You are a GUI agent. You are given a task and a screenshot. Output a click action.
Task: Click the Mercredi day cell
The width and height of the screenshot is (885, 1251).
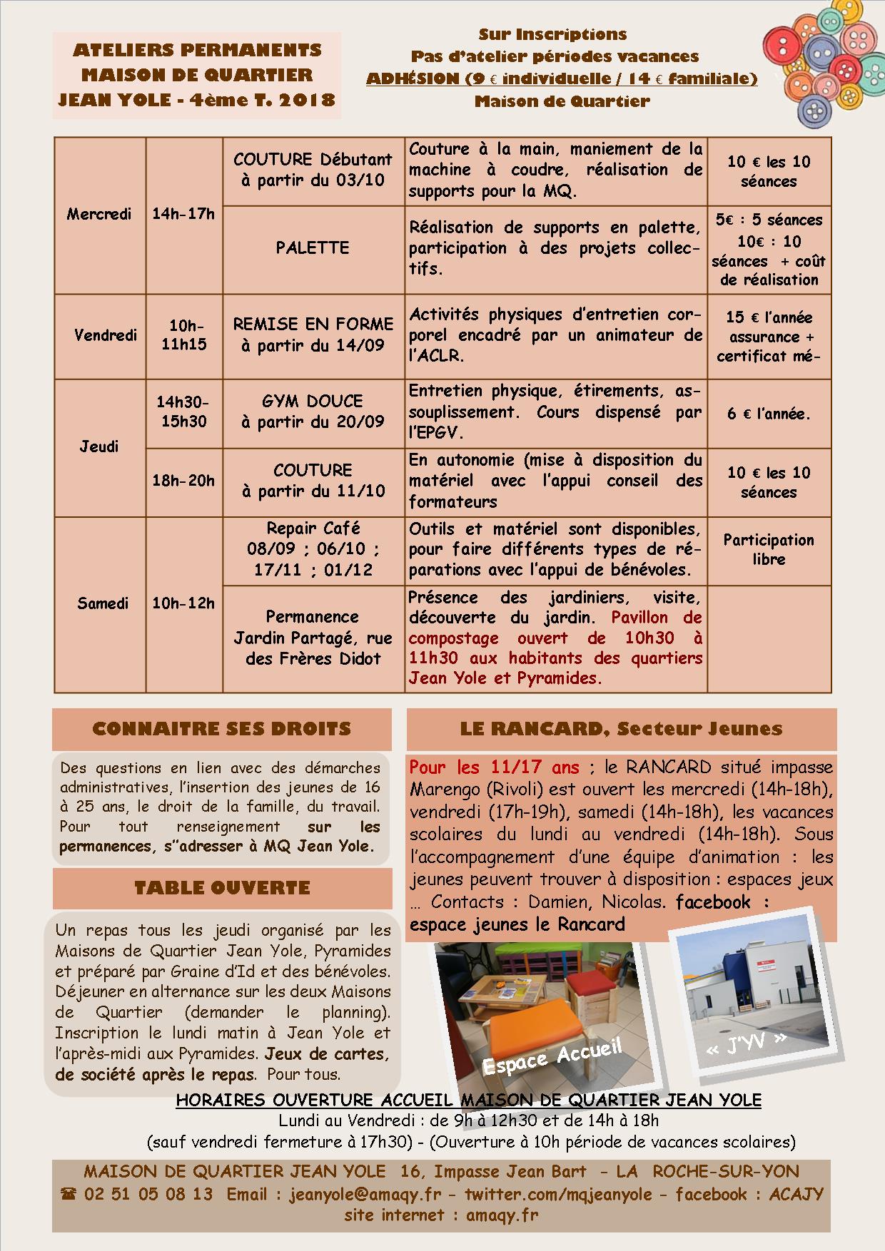pos(99,214)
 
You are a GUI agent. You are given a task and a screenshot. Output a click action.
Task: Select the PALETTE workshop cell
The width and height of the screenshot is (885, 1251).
pos(313,248)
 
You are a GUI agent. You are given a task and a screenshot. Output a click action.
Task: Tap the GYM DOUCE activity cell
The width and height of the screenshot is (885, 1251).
pos(313,411)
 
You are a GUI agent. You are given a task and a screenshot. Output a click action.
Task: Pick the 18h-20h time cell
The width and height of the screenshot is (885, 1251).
pos(183,481)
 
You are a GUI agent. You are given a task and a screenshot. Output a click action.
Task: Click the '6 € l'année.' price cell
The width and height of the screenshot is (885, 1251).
pos(768,414)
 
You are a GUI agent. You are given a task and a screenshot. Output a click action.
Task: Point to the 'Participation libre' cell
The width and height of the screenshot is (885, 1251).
pos(768,549)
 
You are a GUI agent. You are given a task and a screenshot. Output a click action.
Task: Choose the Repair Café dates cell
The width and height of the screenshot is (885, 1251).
pos(313,548)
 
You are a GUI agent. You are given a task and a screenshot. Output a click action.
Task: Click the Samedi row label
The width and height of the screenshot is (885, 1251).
pos(103,603)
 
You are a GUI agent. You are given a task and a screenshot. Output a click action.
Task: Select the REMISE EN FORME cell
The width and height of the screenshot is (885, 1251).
pos(313,335)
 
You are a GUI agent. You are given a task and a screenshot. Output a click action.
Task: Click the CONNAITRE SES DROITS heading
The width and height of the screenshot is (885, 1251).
pos(222,729)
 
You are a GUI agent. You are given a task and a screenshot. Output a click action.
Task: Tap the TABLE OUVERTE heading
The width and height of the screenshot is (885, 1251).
pos(222,888)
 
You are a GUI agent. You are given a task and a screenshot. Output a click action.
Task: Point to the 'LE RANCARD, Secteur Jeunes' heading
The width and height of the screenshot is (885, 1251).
pos(621,728)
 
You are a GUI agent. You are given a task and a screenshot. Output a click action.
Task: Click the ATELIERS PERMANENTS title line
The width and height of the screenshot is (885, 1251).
pos(197,50)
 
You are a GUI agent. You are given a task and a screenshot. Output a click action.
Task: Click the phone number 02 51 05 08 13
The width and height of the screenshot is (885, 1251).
pos(148,1194)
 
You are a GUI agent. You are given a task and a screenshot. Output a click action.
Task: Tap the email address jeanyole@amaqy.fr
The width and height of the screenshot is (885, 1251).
pos(365,1194)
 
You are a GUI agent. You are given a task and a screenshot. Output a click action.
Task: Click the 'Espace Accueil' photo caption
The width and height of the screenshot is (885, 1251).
pos(551,1056)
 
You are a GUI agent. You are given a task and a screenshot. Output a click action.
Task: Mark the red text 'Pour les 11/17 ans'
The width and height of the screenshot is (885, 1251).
pos(494,767)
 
